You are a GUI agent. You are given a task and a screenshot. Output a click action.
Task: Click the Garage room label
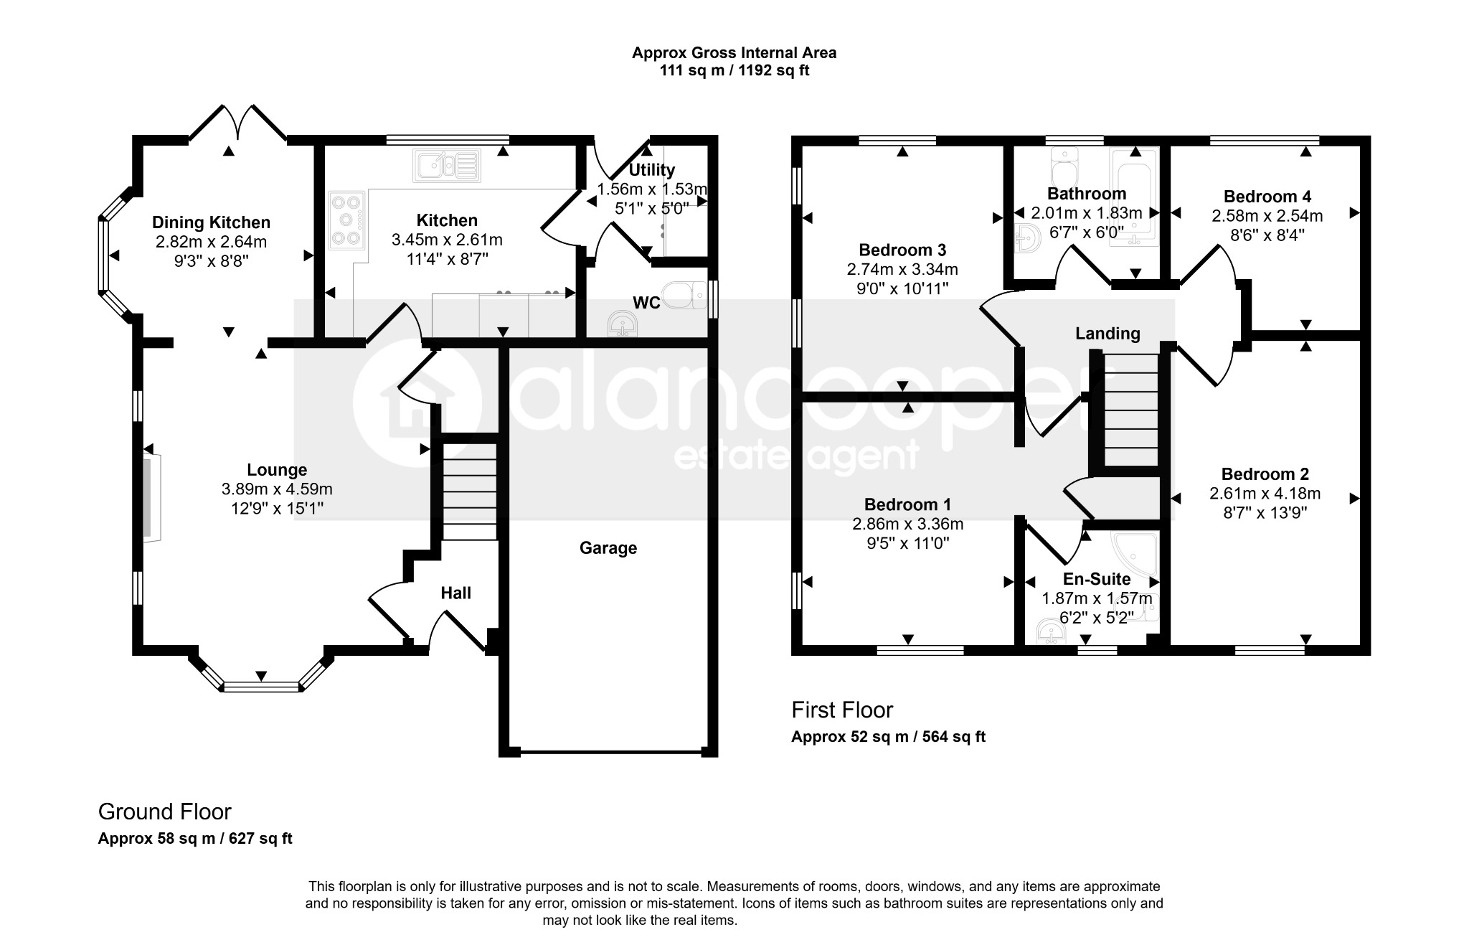[x=608, y=548]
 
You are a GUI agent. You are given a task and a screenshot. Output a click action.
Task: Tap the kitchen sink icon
[x=446, y=166]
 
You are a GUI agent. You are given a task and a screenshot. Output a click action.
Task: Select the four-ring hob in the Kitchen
[x=347, y=220]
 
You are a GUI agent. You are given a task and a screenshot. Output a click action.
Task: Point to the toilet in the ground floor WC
[x=685, y=295]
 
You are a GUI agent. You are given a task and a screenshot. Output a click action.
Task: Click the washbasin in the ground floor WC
[x=623, y=324]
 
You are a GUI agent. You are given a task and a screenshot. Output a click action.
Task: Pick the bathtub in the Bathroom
[x=1134, y=198]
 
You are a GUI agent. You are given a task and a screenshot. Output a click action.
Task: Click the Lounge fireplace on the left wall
[x=151, y=493]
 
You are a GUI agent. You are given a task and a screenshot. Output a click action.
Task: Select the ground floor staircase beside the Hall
[x=469, y=492]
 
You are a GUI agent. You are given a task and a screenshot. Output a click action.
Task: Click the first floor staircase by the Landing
[x=1131, y=410]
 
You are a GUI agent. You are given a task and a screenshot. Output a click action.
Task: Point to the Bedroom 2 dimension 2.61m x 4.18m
[x=1265, y=494]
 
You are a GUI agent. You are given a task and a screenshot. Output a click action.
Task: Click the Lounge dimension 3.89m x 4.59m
[x=277, y=489]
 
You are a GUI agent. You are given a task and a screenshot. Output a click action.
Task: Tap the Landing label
[x=1107, y=334]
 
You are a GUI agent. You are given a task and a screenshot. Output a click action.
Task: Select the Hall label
[x=455, y=593]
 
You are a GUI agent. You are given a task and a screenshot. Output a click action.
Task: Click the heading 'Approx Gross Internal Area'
[x=734, y=52]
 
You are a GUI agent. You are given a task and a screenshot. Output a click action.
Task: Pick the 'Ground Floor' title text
[x=164, y=812]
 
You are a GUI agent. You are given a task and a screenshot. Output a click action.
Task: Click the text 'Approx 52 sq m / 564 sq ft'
[x=888, y=737]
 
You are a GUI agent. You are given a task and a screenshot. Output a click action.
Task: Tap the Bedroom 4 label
[x=1267, y=196]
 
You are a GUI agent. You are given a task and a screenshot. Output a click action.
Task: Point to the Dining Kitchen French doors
[x=237, y=123]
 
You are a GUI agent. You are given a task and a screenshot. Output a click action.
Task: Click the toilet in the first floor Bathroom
[x=1062, y=167]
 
